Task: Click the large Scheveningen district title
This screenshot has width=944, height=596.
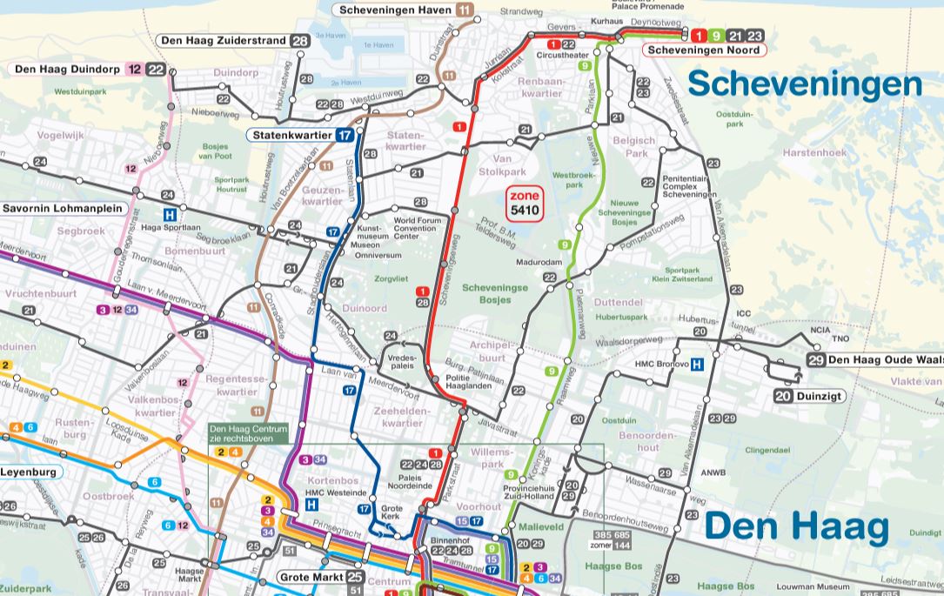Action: (805, 84)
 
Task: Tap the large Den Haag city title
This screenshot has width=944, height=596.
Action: (796, 527)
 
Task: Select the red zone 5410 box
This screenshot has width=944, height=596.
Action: (525, 204)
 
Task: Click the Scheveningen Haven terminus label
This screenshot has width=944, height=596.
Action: (396, 10)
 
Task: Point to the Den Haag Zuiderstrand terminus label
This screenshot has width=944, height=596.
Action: (224, 41)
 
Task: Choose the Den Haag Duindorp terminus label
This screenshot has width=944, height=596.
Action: (68, 70)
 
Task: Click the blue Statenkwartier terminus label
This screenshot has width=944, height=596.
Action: (291, 135)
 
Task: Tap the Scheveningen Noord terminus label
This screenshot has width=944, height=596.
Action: (704, 50)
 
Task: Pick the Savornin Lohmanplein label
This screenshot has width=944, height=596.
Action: (63, 209)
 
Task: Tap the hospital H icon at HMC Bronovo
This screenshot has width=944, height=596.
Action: (697, 365)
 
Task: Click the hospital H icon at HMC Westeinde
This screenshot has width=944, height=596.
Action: (311, 504)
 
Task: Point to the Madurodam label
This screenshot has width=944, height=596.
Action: (539, 261)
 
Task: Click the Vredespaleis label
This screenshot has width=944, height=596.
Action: (402, 362)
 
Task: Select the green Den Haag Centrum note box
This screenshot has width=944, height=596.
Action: (248, 433)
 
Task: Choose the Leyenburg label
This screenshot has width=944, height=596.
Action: (29, 472)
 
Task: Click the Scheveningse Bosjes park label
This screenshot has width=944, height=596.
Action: (493, 293)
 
